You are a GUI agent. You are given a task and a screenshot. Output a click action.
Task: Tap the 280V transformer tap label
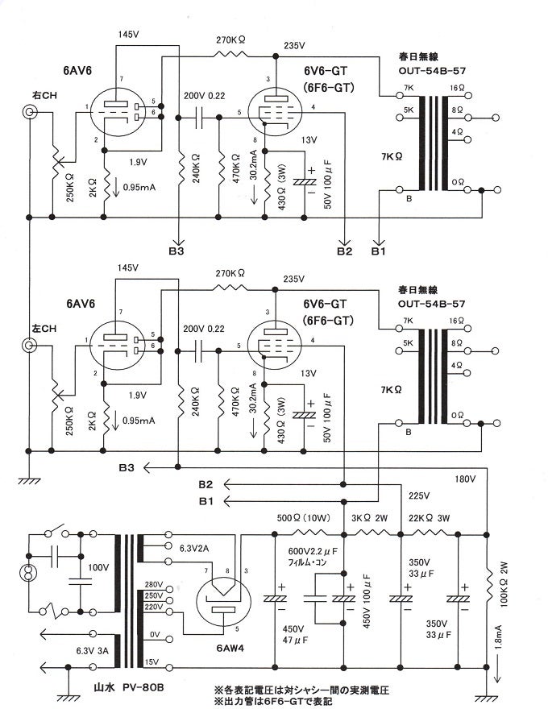point(176,584)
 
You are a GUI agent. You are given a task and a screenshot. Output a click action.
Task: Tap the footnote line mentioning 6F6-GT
point(274,702)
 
